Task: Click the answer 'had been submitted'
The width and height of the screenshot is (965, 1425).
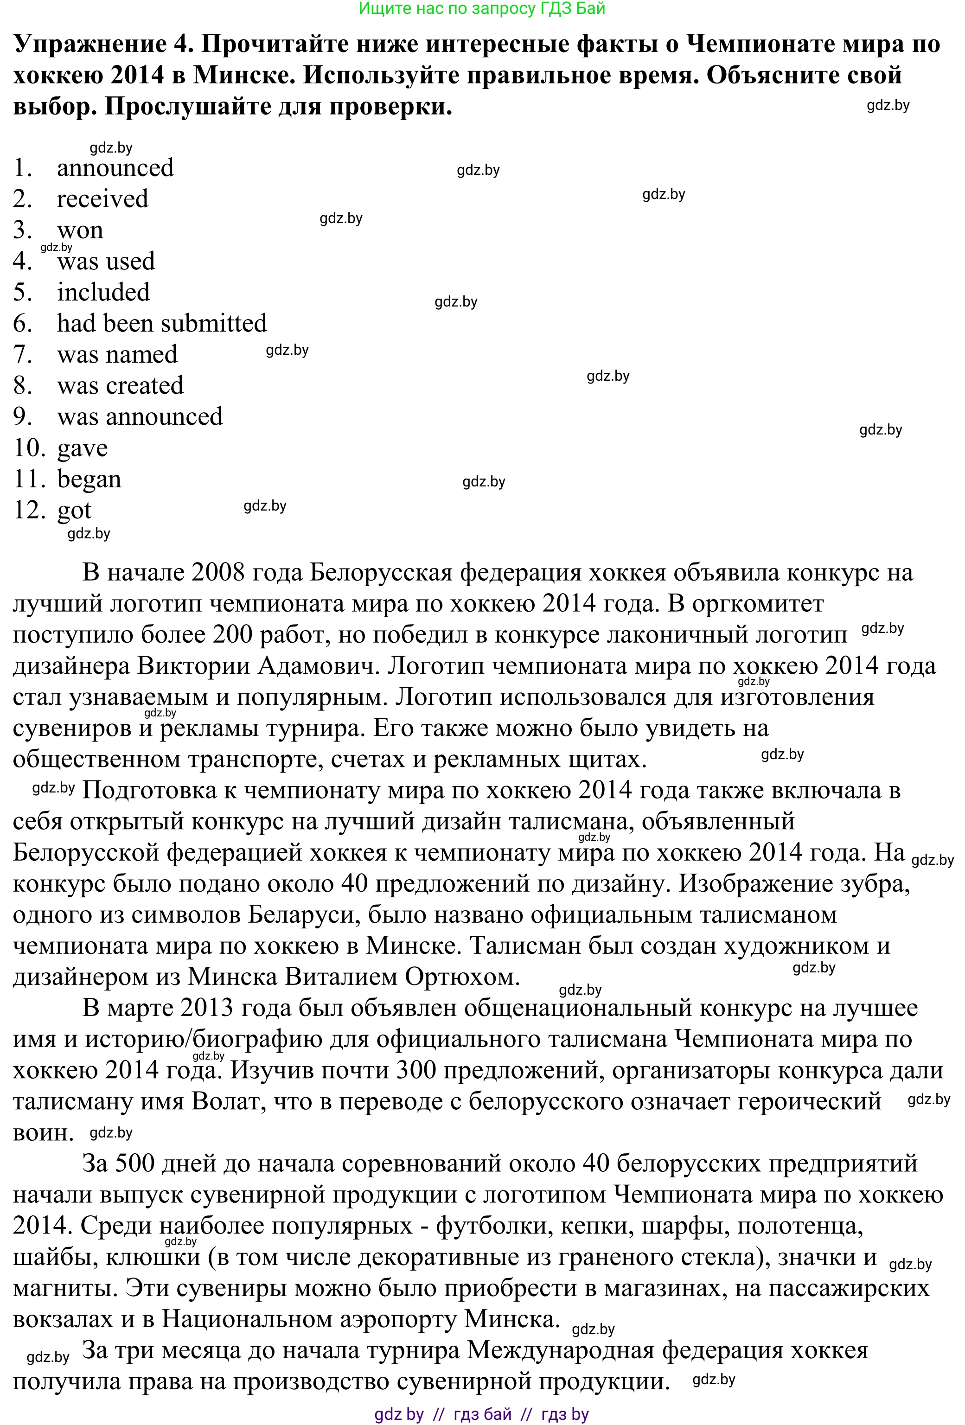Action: pyautogui.click(x=162, y=323)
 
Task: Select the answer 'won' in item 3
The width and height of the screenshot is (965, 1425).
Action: pyautogui.click(x=80, y=230)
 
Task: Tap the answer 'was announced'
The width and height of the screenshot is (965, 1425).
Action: pyautogui.click(x=140, y=416)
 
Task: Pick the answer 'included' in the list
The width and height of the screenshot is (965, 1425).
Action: pyautogui.click(x=103, y=292)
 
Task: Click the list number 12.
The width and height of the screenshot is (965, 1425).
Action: pyautogui.click(x=29, y=510)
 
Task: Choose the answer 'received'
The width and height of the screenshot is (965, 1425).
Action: pyautogui.click(x=102, y=198)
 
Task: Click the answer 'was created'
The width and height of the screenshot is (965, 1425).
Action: pyautogui.click(x=120, y=385)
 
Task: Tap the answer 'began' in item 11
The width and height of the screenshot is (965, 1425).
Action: pyautogui.click(x=89, y=479)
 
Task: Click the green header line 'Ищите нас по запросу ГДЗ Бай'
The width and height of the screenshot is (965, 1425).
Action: pyautogui.click(x=482, y=9)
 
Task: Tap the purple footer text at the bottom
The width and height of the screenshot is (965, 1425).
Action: pyautogui.click(x=482, y=1414)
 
